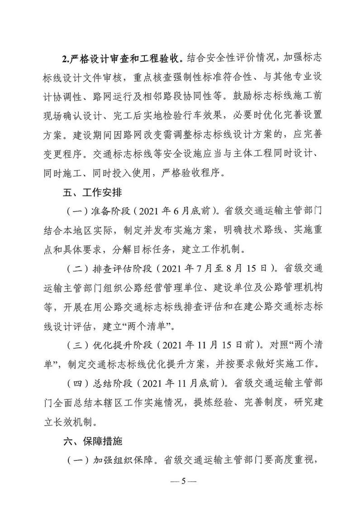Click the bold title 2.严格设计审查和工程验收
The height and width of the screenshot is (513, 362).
[122, 59]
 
